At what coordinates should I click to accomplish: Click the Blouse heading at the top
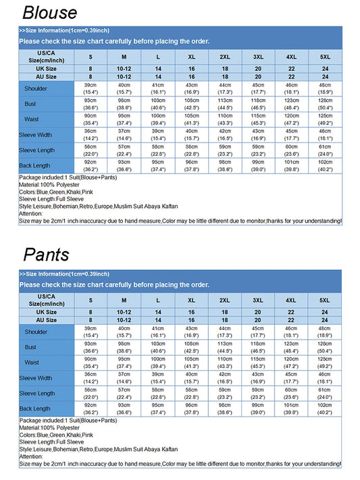pos(49,12)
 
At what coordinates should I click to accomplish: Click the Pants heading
pos(46,255)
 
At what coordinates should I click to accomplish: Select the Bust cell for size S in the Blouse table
pos(91,103)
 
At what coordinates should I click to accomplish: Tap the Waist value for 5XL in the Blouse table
pos(325,119)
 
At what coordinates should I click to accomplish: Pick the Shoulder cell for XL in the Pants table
pos(191,331)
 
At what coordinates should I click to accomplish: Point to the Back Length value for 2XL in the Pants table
pos(224,408)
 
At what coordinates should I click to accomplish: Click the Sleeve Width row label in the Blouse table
pos(36,134)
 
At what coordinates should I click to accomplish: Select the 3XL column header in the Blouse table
pos(258,56)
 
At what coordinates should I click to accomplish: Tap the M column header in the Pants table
pos(124,300)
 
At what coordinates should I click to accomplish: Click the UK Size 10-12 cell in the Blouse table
pos(124,69)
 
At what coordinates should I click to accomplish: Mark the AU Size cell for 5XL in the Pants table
pos(325,320)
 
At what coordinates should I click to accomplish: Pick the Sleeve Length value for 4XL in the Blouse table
pos(291,150)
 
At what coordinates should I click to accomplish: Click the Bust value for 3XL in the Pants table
pos(258,347)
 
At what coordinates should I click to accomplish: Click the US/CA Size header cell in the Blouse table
pos(47,56)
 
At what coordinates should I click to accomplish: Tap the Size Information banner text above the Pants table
pos(64,274)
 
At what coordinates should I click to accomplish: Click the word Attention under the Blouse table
pos(31,213)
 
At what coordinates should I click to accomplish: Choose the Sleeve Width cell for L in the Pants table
pos(158,377)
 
